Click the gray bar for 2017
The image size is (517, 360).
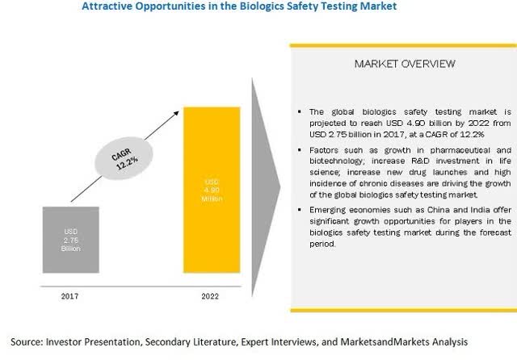coord(70,240)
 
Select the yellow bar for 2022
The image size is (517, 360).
coord(212,190)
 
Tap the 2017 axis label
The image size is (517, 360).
coord(70,296)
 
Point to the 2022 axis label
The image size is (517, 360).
coord(210,296)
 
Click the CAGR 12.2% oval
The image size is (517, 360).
coord(124,158)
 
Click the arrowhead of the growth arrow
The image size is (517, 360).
coord(176,114)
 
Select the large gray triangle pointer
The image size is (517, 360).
coord(266,187)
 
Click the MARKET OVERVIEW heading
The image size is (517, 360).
coord(405,64)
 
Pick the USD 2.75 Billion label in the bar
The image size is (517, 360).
coord(70,240)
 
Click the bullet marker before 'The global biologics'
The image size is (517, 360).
coord(300,112)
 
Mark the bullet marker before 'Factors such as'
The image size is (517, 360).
coord(300,150)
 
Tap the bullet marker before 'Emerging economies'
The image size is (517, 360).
coord(300,210)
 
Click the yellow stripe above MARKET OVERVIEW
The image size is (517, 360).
coord(403,45)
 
